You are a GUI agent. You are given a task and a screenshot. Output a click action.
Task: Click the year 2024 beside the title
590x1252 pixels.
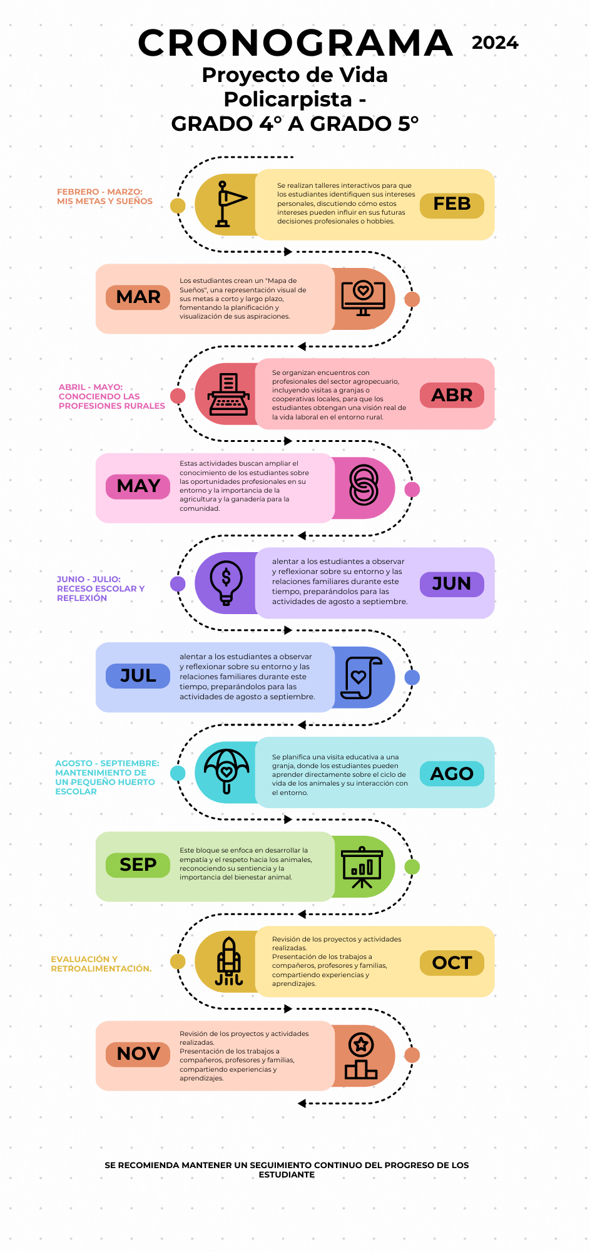pos(495,43)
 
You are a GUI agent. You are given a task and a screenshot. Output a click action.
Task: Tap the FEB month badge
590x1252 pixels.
pos(452,205)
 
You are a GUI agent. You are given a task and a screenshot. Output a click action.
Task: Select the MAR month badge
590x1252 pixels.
pos(138,297)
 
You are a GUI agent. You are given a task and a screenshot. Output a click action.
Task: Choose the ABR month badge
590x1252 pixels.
pos(452,395)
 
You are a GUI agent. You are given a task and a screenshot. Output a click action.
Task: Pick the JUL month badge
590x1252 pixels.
pos(138,676)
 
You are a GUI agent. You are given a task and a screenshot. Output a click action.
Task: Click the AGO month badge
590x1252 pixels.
pos(452,774)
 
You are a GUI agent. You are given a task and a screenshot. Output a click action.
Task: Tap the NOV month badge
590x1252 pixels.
pos(138,1054)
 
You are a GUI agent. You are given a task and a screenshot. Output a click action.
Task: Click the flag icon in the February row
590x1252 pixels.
pos(229,204)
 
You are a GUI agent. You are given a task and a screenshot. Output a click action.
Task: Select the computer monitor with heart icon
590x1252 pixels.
pos(363,299)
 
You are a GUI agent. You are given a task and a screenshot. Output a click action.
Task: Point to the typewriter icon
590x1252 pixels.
pos(228,394)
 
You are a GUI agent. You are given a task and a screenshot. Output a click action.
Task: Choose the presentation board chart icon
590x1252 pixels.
pos(362,867)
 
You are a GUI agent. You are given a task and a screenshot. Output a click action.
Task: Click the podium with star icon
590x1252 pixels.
pos(361,1056)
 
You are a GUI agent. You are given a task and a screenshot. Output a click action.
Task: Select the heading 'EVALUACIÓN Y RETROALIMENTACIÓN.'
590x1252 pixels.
pos(101,964)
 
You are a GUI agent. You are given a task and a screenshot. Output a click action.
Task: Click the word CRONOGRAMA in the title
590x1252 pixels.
pos(295,43)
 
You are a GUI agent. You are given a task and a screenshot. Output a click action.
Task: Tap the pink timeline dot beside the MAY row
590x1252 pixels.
pos(412,490)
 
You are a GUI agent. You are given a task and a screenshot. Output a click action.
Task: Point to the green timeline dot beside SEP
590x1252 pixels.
pos(412,867)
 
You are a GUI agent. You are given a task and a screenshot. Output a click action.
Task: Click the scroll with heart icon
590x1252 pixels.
pos(361,678)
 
